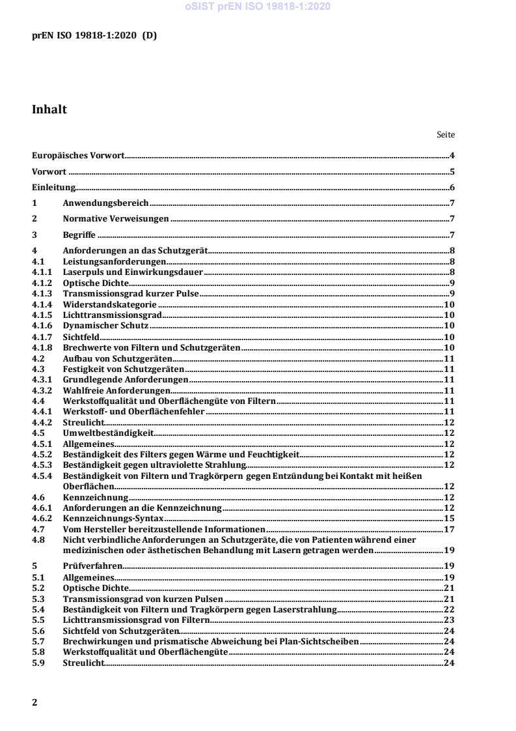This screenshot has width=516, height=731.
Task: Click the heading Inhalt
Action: coord(49,110)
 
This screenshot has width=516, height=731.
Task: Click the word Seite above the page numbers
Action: coord(446,135)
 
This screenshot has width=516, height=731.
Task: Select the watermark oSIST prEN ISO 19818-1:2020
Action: coord(258,7)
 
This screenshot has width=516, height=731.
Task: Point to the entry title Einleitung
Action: coord(54,188)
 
